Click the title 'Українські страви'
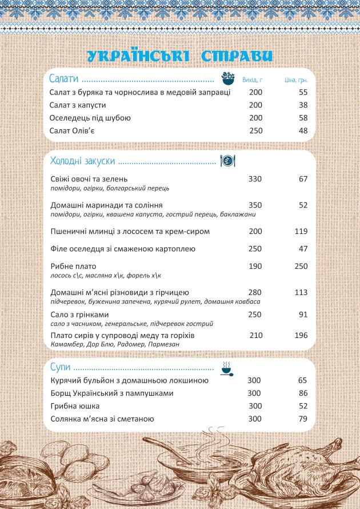click(x=179, y=55)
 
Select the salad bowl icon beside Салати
click(x=229, y=79)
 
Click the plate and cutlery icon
click(x=227, y=161)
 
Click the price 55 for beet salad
click(x=303, y=92)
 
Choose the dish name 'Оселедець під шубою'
click(x=90, y=118)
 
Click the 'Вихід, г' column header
click(x=252, y=80)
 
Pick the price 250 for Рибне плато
click(x=301, y=267)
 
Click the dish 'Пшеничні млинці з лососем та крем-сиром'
click(x=130, y=232)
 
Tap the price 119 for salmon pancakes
click(x=301, y=232)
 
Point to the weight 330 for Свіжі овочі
click(x=255, y=179)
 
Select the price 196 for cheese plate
click(x=301, y=335)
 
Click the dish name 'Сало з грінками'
click(x=79, y=315)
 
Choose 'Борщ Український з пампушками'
click(x=111, y=393)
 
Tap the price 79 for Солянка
click(x=303, y=419)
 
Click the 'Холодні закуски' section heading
click(x=83, y=161)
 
